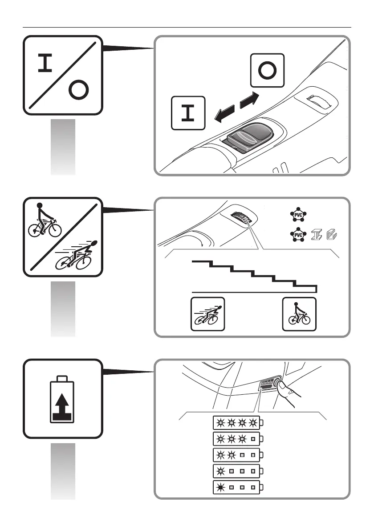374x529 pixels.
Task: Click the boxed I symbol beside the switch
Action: pos(188,113)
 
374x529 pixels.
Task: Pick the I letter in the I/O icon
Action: pos(46,64)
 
